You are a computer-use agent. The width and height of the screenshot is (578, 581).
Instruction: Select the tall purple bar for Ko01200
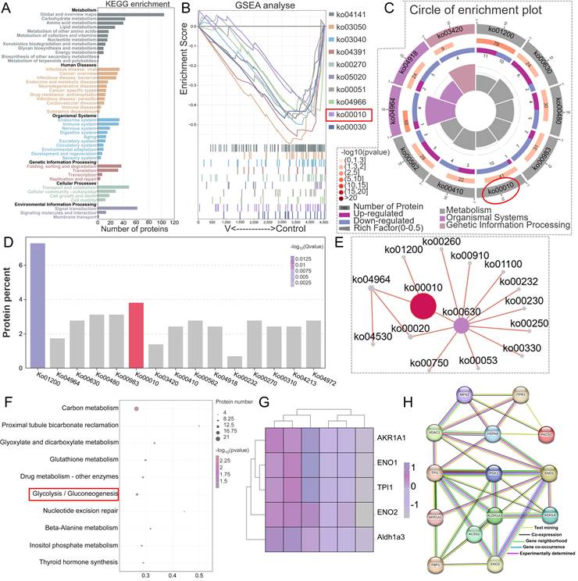(x=37, y=305)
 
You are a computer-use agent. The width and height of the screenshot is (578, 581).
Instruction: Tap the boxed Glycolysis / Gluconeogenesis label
(x=73, y=494)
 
